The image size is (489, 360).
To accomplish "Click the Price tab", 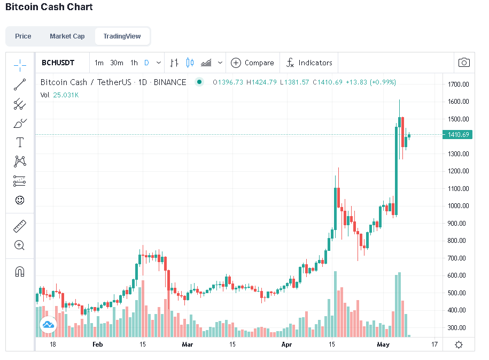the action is click(x=23, y=36).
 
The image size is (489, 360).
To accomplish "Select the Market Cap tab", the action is click(x=67, y=36).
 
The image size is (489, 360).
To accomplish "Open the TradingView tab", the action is click(x=122, y=36).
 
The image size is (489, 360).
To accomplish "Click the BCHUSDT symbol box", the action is click(x=58, y=63).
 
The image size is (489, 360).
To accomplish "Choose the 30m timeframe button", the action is click(x=117, y=63).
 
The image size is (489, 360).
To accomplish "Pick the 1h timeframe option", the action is click(x=134, y=63).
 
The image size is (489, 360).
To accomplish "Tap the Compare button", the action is click(x=252, y=63).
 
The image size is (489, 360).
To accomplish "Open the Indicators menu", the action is click(x=309, y=63).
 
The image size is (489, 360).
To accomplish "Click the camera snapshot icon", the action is click(x=464, y=63).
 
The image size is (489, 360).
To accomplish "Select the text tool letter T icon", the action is click(x=20, y=142).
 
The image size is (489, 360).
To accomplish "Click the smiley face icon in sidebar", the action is click(x=20, y=200).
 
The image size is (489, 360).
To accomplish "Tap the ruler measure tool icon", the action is click(x=20, y=226).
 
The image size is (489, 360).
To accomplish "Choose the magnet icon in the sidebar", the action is click(x=20, y=272).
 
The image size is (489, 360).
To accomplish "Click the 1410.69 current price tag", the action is click(x=457, y=135).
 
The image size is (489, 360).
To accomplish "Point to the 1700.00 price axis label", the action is click(x=458, y=85).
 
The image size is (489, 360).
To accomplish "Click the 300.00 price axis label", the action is click(x=456, y=327).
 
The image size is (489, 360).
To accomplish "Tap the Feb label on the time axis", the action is click(x=98, y=344).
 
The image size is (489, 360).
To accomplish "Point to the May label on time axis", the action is click(x=383, y=344).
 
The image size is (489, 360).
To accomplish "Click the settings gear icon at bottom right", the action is click(x=459, y=344).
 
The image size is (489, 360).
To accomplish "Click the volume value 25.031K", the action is click(x=66, y=95).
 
